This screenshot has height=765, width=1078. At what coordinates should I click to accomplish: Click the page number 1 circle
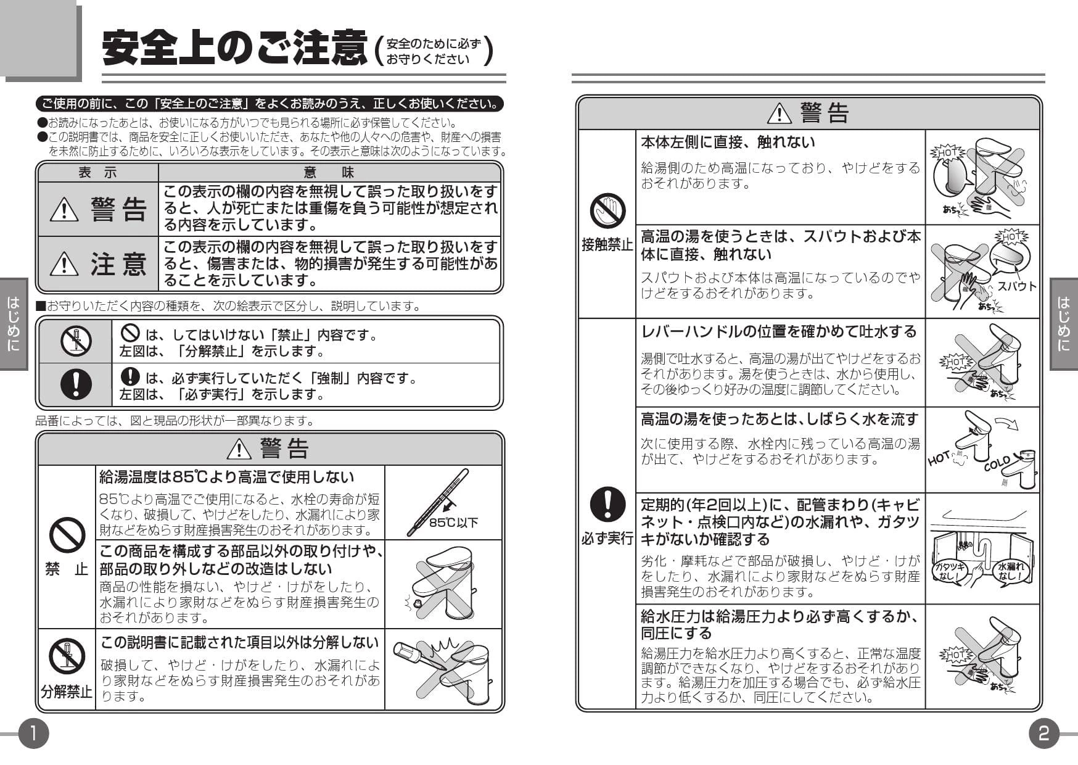tap(33, 733)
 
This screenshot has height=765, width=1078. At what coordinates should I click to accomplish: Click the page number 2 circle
tap(1043, 733)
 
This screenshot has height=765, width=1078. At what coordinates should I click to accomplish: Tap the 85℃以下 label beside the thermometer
tap(453, 523)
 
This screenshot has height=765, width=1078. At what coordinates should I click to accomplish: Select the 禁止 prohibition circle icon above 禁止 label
tap(67, 535)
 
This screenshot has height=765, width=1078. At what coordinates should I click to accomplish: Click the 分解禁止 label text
tap(67, 692)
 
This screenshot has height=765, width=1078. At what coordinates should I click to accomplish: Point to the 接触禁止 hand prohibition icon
tap(607, 210)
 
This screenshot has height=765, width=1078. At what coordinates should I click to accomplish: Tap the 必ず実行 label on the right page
tap(607, 538)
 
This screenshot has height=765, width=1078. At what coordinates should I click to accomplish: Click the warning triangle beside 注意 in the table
tap(64, 264)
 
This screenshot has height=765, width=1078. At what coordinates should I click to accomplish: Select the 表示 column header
tap(97, 173)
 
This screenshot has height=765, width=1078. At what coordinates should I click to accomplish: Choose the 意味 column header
tap(329, 173)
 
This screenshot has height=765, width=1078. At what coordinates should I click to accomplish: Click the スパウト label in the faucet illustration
tap(1017, 286)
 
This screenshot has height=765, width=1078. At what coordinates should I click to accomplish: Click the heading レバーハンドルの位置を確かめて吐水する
tap(779, 332)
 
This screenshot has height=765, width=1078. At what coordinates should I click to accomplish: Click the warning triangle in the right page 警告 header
tap(780, 113)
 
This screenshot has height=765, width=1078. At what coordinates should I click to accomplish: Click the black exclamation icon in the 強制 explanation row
tap(76, 384)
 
